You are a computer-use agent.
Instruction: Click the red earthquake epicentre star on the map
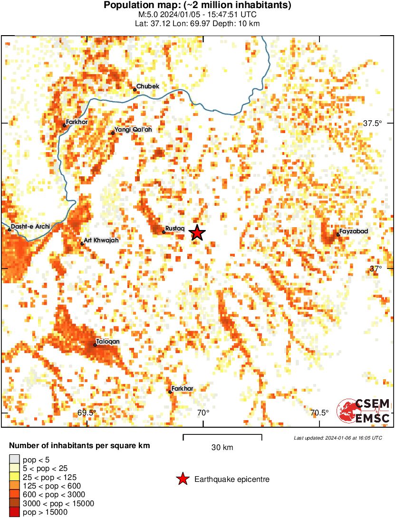(197, 233)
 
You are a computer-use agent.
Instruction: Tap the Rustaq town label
(174, 229)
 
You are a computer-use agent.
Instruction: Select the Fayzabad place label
(354, 231)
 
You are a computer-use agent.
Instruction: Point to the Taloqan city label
(108, 342)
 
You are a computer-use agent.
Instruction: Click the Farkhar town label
(182, 389)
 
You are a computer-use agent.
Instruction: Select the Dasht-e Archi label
(30, 227)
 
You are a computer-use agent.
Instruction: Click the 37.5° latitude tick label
(373, 123)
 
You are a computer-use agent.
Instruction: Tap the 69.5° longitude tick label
(87, 412)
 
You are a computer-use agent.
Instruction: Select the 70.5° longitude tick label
(319, 412)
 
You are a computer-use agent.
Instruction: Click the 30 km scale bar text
(222, 448)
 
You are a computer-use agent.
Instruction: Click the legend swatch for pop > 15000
(15, 512)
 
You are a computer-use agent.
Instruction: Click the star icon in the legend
(183, 480)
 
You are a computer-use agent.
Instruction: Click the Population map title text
(197, 6)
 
